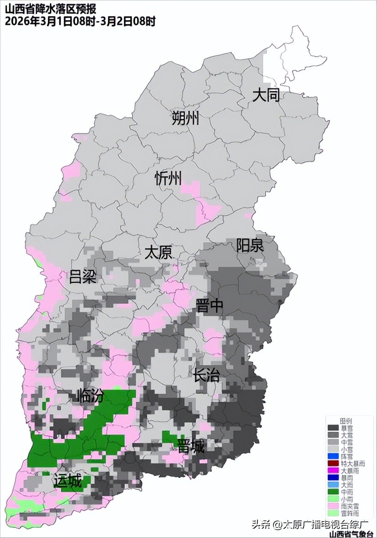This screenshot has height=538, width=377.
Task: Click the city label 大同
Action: (266, 96)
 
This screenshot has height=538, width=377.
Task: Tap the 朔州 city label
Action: (185, 119)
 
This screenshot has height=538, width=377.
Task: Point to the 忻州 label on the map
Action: (168, 178)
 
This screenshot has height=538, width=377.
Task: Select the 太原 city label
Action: (158, 252)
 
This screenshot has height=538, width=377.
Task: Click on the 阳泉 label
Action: (250, 245)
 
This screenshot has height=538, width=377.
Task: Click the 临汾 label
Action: (91, 396)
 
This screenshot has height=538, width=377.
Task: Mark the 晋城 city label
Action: (191, 446)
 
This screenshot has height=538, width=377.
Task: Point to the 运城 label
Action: (67, 481)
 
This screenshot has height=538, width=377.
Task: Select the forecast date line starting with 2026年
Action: (80, 21)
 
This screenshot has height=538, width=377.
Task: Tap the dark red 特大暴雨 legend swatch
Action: (333, 464)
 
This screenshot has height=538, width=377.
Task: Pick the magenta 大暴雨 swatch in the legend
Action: (333, 471)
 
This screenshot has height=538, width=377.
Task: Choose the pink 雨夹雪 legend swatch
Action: (333, 506)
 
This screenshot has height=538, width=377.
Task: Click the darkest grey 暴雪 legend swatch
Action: (333, 428)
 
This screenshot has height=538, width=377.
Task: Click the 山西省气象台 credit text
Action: (351, 534)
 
